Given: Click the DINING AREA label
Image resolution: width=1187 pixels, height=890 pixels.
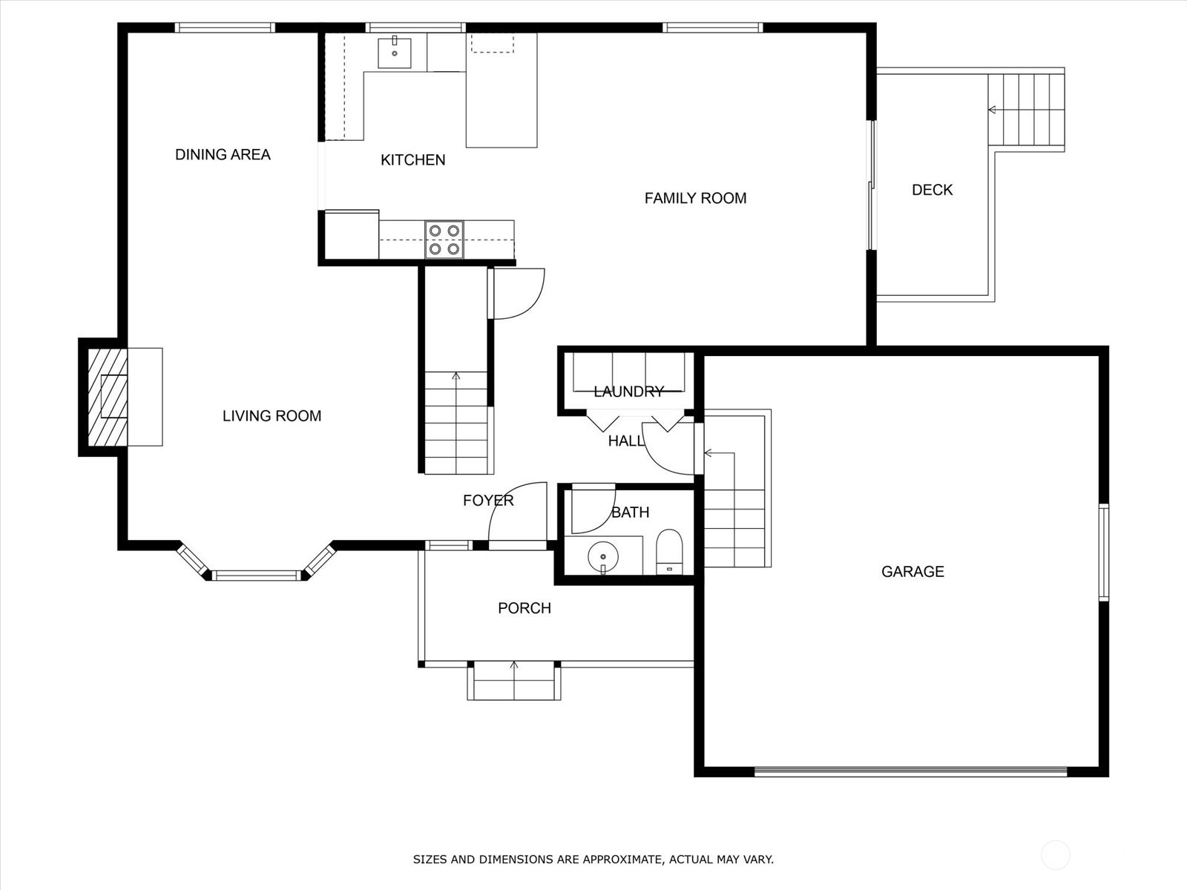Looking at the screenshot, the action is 223,154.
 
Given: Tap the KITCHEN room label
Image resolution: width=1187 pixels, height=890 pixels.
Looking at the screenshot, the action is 413,160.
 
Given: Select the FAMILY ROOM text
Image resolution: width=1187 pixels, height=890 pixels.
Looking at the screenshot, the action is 695,198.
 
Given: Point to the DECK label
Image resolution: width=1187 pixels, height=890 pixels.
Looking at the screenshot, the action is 933,190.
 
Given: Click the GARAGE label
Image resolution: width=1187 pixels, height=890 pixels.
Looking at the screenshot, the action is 913,571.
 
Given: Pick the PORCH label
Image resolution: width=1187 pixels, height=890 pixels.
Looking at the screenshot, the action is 525,608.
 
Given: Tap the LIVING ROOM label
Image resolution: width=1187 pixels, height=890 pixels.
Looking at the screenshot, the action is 272,415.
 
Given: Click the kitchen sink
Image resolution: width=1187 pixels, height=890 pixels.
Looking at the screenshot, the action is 394,53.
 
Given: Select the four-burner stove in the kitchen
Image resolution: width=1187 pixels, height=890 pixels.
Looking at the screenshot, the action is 444,240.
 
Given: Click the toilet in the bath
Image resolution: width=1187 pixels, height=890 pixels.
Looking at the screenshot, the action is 669,552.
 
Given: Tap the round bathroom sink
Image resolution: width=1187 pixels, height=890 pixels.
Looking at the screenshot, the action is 603,556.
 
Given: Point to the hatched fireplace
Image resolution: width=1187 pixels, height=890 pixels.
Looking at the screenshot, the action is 108,398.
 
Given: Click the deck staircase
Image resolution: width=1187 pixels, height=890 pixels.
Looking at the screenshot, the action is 1026,110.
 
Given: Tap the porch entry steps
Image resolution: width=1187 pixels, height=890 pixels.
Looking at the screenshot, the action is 513,680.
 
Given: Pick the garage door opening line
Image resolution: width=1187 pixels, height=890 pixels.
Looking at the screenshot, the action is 911,771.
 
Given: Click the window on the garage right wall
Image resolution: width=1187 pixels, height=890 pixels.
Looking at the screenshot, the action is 1104,553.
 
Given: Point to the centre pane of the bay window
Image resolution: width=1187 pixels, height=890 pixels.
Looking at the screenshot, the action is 256,576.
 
